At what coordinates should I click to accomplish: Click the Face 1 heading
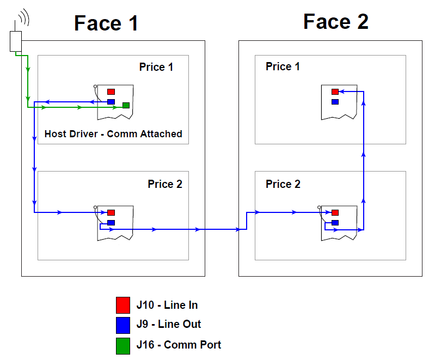(x=106, y=23)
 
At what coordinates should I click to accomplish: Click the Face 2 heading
(x=335, y=22)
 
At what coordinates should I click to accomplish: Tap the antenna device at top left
(x=15, y=41)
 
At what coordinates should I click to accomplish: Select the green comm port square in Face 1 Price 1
(x=126, y=105)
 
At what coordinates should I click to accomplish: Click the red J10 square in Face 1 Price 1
(x=111, y=91)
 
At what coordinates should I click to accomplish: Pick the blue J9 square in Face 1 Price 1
(x=111, y=101)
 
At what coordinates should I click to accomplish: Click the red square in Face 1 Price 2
(x=111, y=212)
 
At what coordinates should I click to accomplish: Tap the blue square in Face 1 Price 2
(x=111, y=222)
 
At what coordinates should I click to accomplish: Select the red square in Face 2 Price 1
(x=335, y=91)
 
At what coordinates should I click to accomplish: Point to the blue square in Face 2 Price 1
(x=335, y=101)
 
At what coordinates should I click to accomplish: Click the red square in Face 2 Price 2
(x=335, y=212)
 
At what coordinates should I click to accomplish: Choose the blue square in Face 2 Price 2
(x=335, y=222)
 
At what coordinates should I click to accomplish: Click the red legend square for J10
(x=123, y=304)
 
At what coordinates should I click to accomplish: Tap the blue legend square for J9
(x=123, y=325)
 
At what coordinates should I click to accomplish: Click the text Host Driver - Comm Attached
(x=113, y=133)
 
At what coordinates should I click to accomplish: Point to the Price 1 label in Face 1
(x=156, y=67)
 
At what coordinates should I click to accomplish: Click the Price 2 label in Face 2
(x=283, y=184)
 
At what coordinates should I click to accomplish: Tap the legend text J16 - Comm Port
(x=179, y=345)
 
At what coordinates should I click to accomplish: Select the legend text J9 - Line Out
(x=169, y=324)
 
